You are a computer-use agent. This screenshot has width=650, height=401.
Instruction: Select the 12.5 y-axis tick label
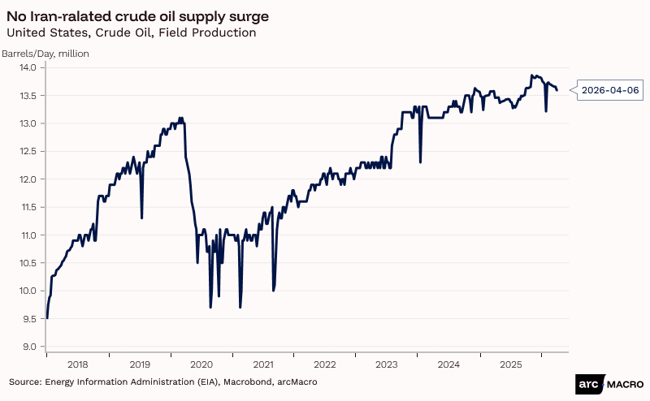[x=29, y=152]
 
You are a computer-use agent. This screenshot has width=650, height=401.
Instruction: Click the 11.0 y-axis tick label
[x=29, y=235]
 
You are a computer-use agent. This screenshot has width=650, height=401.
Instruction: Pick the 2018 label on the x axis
[x=77, y=365]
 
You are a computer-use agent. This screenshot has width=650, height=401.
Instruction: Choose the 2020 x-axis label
[x=201, y=365]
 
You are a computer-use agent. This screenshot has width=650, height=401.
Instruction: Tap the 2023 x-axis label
[x=386, y=365]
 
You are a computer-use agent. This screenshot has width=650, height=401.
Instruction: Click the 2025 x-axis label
[x=509, y=365]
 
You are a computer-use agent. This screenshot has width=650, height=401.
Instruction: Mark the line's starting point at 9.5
[x=47, y=318]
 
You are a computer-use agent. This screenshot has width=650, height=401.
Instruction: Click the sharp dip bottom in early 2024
[x=420, y=162]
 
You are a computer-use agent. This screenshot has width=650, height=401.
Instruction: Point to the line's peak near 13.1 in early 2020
[x=181, y=118]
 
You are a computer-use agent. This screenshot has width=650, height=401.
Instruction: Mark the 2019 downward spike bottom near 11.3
[x=141, y=218]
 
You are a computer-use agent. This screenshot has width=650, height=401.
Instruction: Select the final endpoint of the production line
[x=557, y=90]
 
